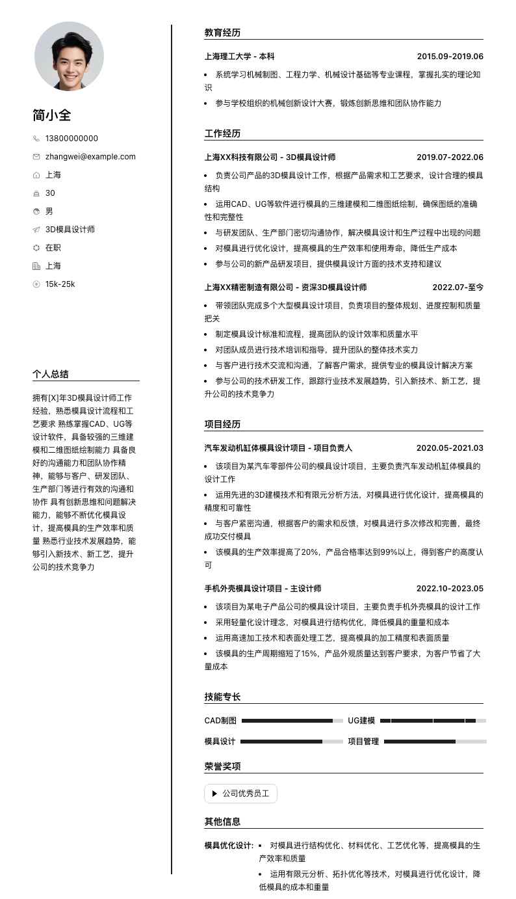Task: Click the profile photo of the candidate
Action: pyautogui.click(x=69, y=56)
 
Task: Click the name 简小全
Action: pyautogui.click(x=52, y=116)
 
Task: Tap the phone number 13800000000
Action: pyautogui.click(x=71, y=139)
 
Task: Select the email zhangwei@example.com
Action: pyautogui.click(x=90, y=157)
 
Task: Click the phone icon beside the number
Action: pyautogui.click(x=36, y=139)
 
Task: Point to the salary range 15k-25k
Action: pyautogui.click(x=60, y=284)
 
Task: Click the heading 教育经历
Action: pyautogui.click(x=222, y=33)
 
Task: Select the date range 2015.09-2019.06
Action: pyautogui.click(x=450, y=57)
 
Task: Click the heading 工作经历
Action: pyautogui.click(x=222, y=133)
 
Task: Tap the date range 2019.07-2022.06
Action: pyautogui.click(x=450, y=157)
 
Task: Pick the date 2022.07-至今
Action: pyautogui.click(x=458, y=288)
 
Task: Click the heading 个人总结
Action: pyautogui.click(x=51, y=374)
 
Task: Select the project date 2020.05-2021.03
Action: pyautogui.click(x=450, y=448)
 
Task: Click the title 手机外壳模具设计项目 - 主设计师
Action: pyautogui.click(x=263, y=589)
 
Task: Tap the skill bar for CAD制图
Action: pyautogui.click(x=292, y=721)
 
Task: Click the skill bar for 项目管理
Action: pyautogui.click(x=435, y=742)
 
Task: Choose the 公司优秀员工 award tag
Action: pyautogui.click(x=240, y=794)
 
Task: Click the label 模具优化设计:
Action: pyautogui.click(x=229, y=846)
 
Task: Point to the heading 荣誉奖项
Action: pyautogui.click(x=222, y=766)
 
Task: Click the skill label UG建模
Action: pyautogui.click(x=361, y=721)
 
